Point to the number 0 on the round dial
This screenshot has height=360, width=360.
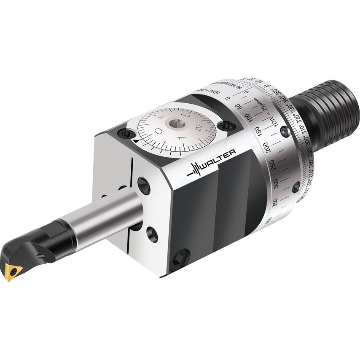point(159,132)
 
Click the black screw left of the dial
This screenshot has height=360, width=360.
point(126,133)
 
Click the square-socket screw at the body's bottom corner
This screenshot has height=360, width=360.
point(180,259)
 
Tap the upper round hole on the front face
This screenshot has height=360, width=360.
point(144,185)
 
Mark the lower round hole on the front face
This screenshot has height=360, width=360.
point(152,234)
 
